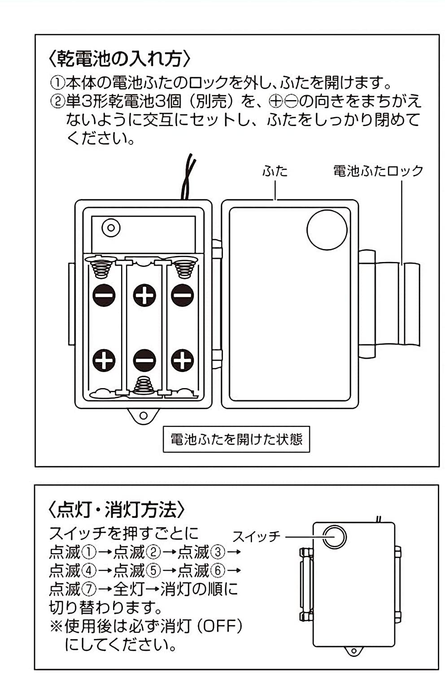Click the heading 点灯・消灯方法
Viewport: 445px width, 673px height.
tap(116, 509)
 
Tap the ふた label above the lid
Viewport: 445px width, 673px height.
tap(275, 171)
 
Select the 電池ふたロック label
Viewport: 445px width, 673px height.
tap(378, 171)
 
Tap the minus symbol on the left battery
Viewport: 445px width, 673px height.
tap(104, 295)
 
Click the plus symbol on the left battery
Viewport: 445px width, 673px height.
tap(104, 360)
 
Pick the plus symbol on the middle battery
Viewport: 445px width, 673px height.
tap(144, 295)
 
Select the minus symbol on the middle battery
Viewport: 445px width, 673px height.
tap(144, 360)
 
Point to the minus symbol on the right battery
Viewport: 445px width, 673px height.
tap(183, 295)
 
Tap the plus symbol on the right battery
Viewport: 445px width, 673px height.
tap(183, 360)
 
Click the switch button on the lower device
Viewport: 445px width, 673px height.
tap(334, 537)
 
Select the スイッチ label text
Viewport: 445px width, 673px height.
tap(257, 536)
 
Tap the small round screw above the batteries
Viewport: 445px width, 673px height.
tap(111, 228)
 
